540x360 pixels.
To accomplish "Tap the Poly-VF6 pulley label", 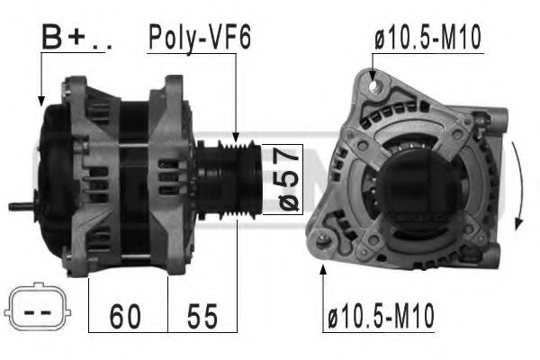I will click(x=199, y=37).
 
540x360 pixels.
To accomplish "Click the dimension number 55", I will click(x=203, y=316).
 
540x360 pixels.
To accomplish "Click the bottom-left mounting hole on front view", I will click(x=325, y=239).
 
